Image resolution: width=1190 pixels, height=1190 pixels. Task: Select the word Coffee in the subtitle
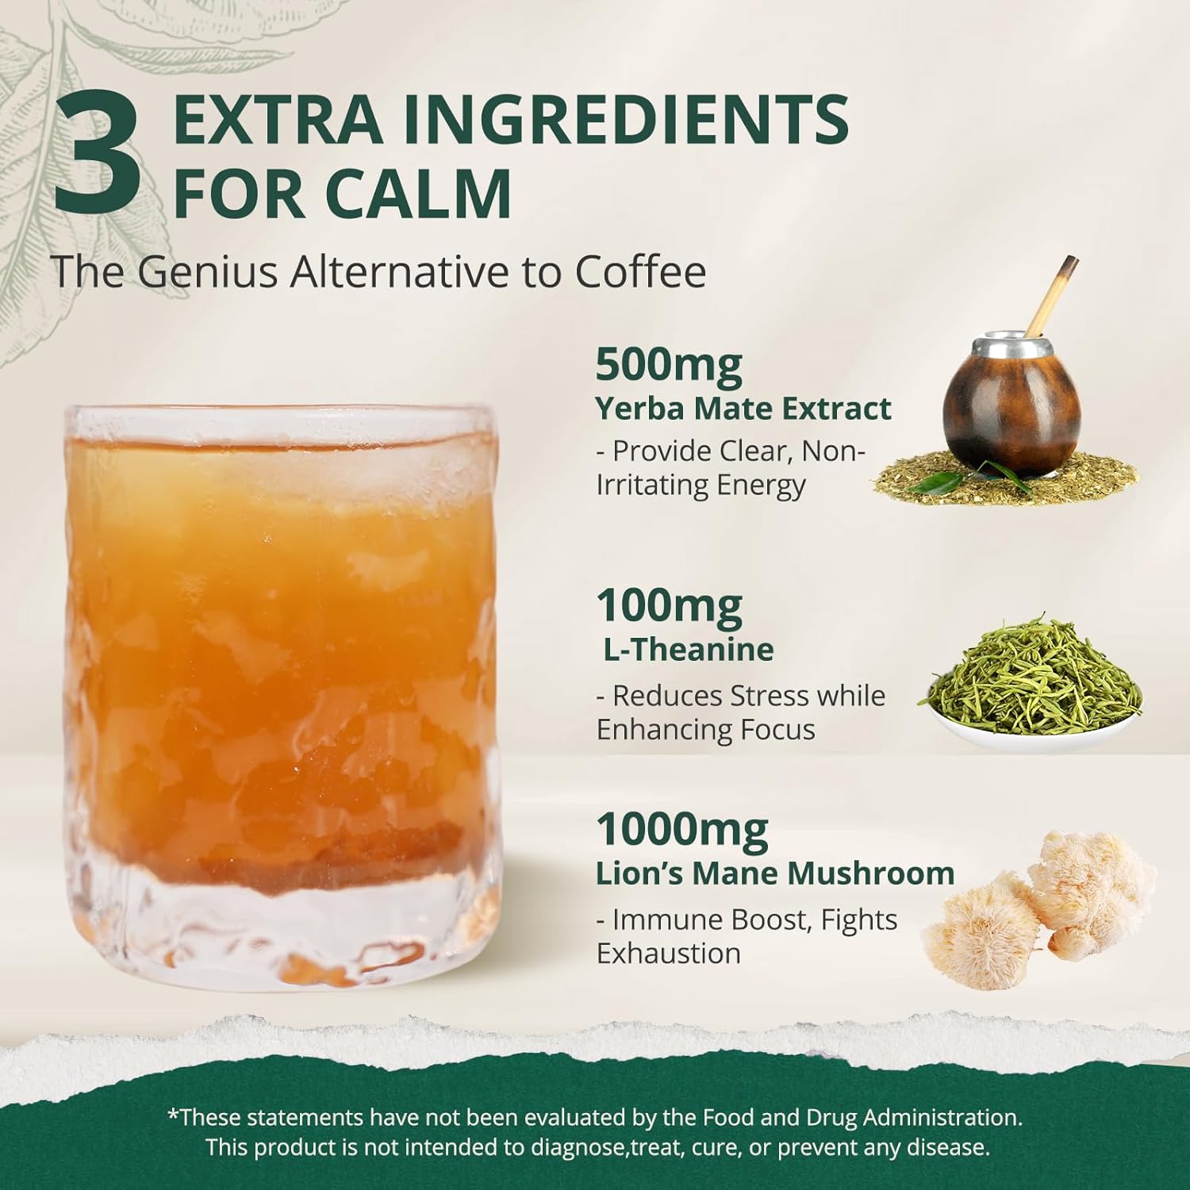640,271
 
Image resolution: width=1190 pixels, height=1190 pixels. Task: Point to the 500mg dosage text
669,366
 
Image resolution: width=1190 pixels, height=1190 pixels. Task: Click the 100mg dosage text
669,606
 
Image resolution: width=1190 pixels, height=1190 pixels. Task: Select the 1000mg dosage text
682,830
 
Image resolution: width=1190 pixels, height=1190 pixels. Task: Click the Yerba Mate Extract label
743,409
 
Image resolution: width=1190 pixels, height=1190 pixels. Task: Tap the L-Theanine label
688,650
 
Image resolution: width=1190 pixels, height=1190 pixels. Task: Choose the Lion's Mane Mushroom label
775,873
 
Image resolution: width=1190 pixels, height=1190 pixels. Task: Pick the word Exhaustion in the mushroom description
668,953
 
